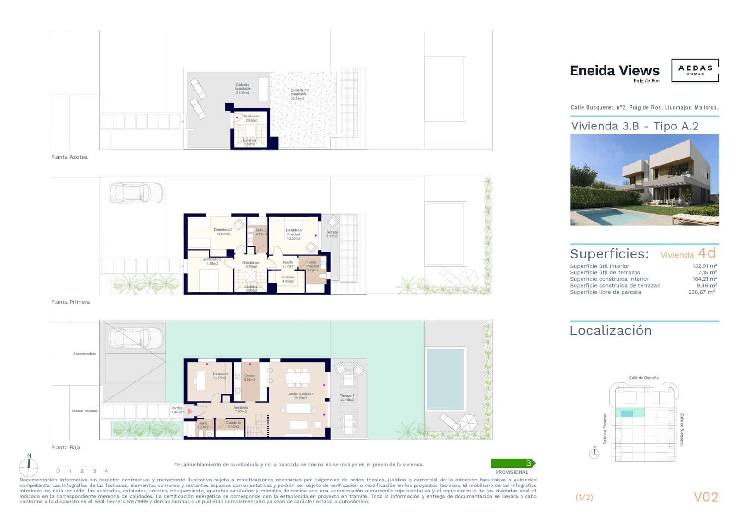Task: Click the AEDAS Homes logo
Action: pos(695,70)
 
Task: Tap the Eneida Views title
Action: pos(614,71)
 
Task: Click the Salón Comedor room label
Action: pos(300,396)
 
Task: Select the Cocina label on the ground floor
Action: pos(249,377)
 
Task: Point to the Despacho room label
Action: pos(220,376)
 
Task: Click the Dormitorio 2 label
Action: pos(223,232)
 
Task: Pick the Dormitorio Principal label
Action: pos(293,234)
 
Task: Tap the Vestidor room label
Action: pos(288,279)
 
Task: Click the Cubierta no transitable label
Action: pos(299,94)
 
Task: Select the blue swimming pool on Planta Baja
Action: pos(445,379)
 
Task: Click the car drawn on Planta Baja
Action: pos(136,338)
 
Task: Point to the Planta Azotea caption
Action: pos(69,157)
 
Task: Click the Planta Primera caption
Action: pos(70,302)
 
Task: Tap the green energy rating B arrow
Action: pos(513,463)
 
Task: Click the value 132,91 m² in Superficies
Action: pos(704,266)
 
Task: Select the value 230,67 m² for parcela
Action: pos(701,292)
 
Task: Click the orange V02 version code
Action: pos(706,497)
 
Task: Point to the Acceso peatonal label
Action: pos(84,411)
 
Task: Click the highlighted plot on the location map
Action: pos(627,413)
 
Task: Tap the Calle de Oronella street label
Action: pos(643,378)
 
